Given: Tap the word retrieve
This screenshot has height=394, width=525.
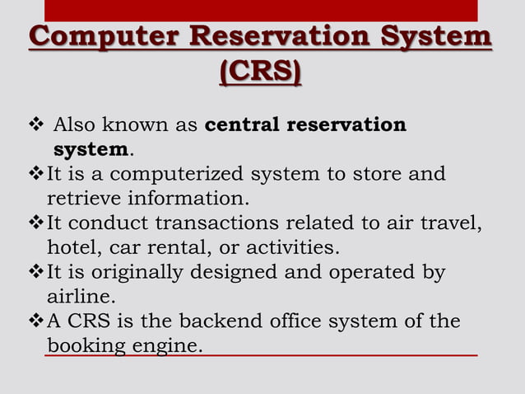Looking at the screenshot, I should [x=79, y=199].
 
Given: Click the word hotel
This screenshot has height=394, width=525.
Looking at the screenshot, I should [x=68, y=247].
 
